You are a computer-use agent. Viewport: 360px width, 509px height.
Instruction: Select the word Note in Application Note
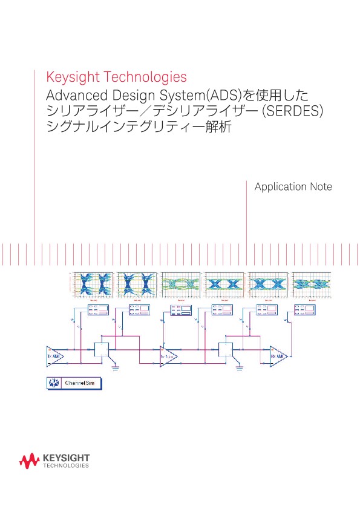(321, 187)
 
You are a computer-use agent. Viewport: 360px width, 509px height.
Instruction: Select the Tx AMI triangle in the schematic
(54, 356)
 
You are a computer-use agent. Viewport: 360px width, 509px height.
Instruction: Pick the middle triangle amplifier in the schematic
(168, 356)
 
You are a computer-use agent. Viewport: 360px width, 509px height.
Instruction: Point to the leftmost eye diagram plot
(93, 283)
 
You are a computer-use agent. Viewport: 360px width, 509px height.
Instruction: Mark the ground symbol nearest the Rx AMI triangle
(240, 366)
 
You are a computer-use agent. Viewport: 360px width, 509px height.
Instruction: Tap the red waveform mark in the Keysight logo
(30, 462)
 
